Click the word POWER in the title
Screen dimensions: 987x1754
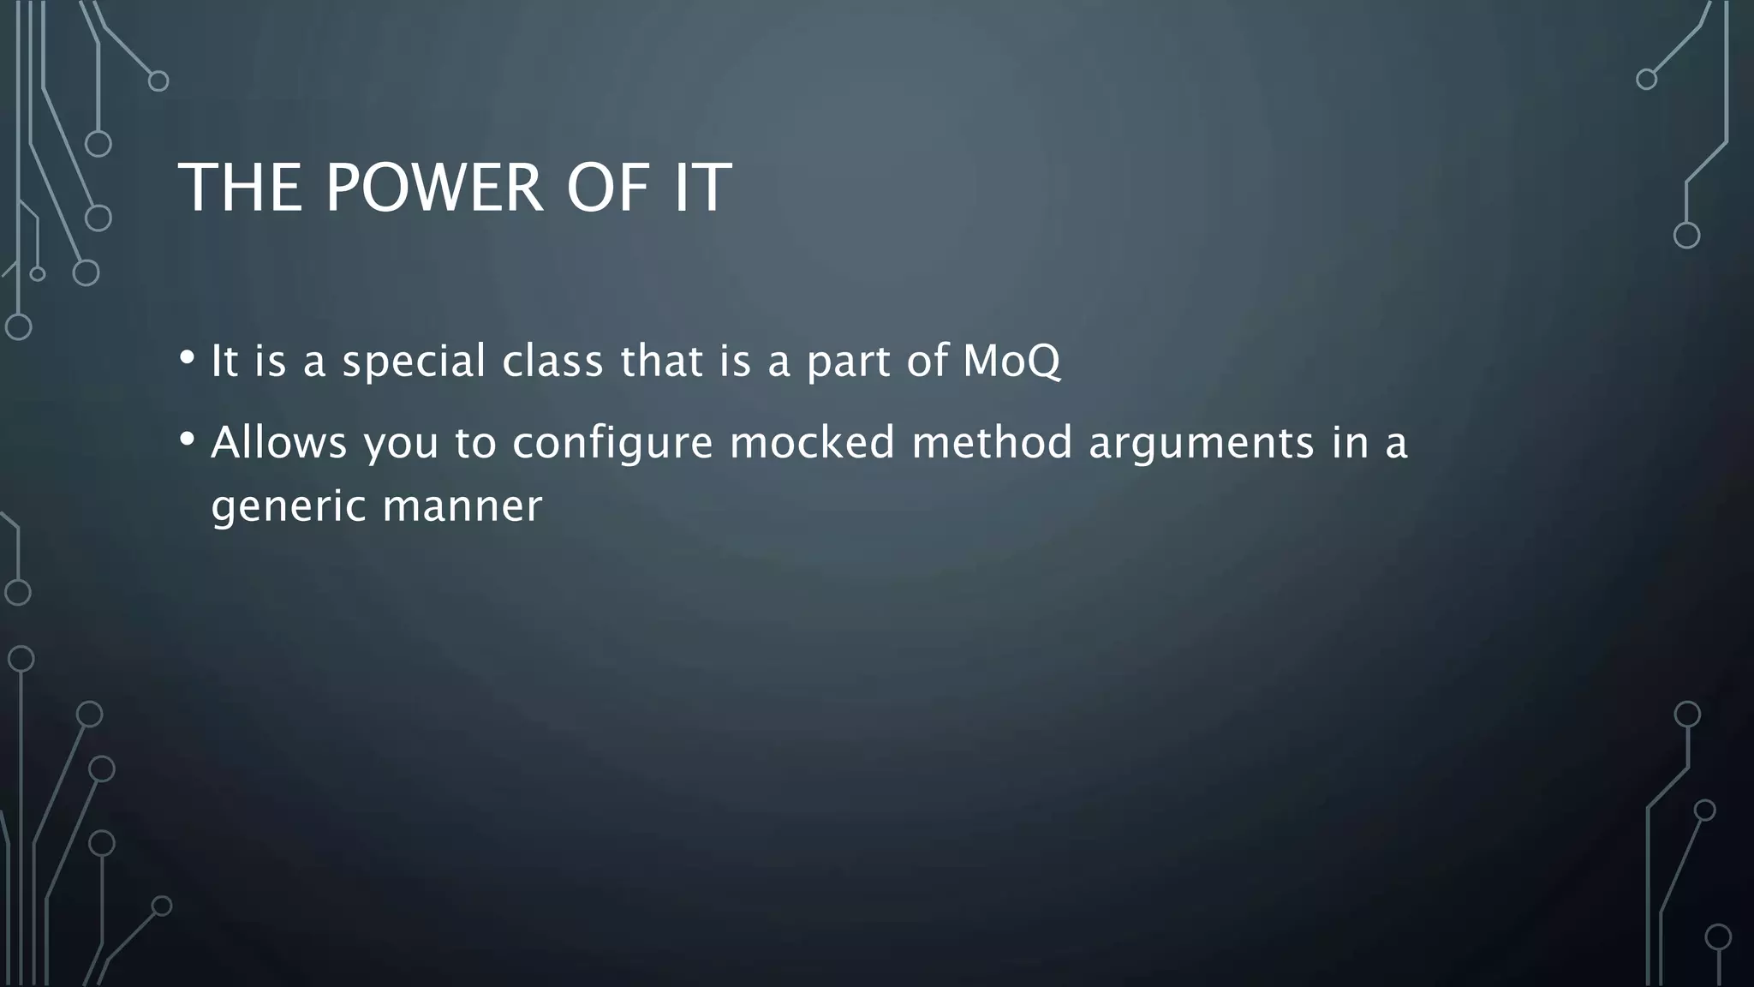tap(434, 188)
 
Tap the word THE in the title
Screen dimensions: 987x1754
tap(241, 188)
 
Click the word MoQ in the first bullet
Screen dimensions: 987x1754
tap(1011, 361)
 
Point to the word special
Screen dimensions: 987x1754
tap(415, 361)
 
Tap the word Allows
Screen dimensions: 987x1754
tap(279, 443)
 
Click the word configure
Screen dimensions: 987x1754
tap(613, 443)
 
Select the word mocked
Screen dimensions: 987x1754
tap(812, 443)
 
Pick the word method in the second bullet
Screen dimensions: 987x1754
tap(992, 443)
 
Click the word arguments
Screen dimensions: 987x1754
tap(1201, 443)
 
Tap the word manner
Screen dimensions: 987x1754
tap(462, 506)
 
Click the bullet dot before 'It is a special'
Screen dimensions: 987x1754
tap(187, 357)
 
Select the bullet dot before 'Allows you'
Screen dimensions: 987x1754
tap(187, 440)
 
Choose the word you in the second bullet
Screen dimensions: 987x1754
tap(401, 443)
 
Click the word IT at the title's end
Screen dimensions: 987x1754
tap(702, 188)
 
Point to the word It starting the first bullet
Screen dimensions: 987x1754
tap(224, 361)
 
